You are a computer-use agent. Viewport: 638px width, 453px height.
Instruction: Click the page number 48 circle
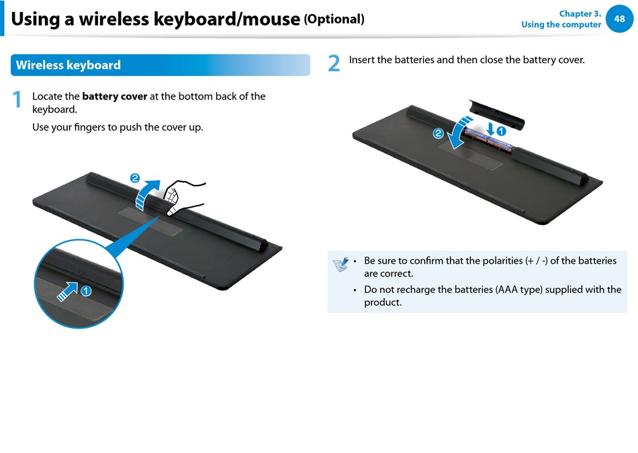pyautogui.click(x=619, y=19)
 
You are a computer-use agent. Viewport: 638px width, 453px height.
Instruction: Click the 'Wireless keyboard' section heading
pyautogui.click(x=69, y=65)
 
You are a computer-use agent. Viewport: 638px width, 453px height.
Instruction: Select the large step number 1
pyautogui.click(x=17, y=99)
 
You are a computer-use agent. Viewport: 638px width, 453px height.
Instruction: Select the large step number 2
pyautogui.click(x=334, y=63)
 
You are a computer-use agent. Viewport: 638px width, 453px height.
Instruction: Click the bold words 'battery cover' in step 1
pyautogui.click(x=115, y=97)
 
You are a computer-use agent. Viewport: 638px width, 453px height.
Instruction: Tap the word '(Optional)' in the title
pyautogui.click(x=334, y=19)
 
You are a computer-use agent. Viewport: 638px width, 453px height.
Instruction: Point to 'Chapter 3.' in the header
pyautogui.click(x=580, y=14)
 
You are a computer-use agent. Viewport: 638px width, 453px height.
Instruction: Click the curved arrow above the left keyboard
pyautogui.click(x=146, y=194)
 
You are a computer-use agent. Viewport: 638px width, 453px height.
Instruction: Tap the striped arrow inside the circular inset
pyautogui.click(x=68, y=291)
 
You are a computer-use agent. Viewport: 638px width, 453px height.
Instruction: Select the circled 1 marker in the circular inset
pyautogui.click(x=86, y=291)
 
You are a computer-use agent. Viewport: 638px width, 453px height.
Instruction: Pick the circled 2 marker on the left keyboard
pyautogui.click(x=135, y=178)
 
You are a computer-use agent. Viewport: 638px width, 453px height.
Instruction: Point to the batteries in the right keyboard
pyautogui.click(x=490, y=141)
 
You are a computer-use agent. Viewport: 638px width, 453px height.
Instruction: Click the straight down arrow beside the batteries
pyautogui.click(x=491, y=129)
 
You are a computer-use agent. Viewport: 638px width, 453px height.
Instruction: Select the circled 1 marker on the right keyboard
pyautogui.click(x=501, y=131)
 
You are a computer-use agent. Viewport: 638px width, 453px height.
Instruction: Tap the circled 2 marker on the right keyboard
pyautogui.click(x=439, y=133)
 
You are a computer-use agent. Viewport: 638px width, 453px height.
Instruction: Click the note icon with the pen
pyautogui.click(x=340, y=264)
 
